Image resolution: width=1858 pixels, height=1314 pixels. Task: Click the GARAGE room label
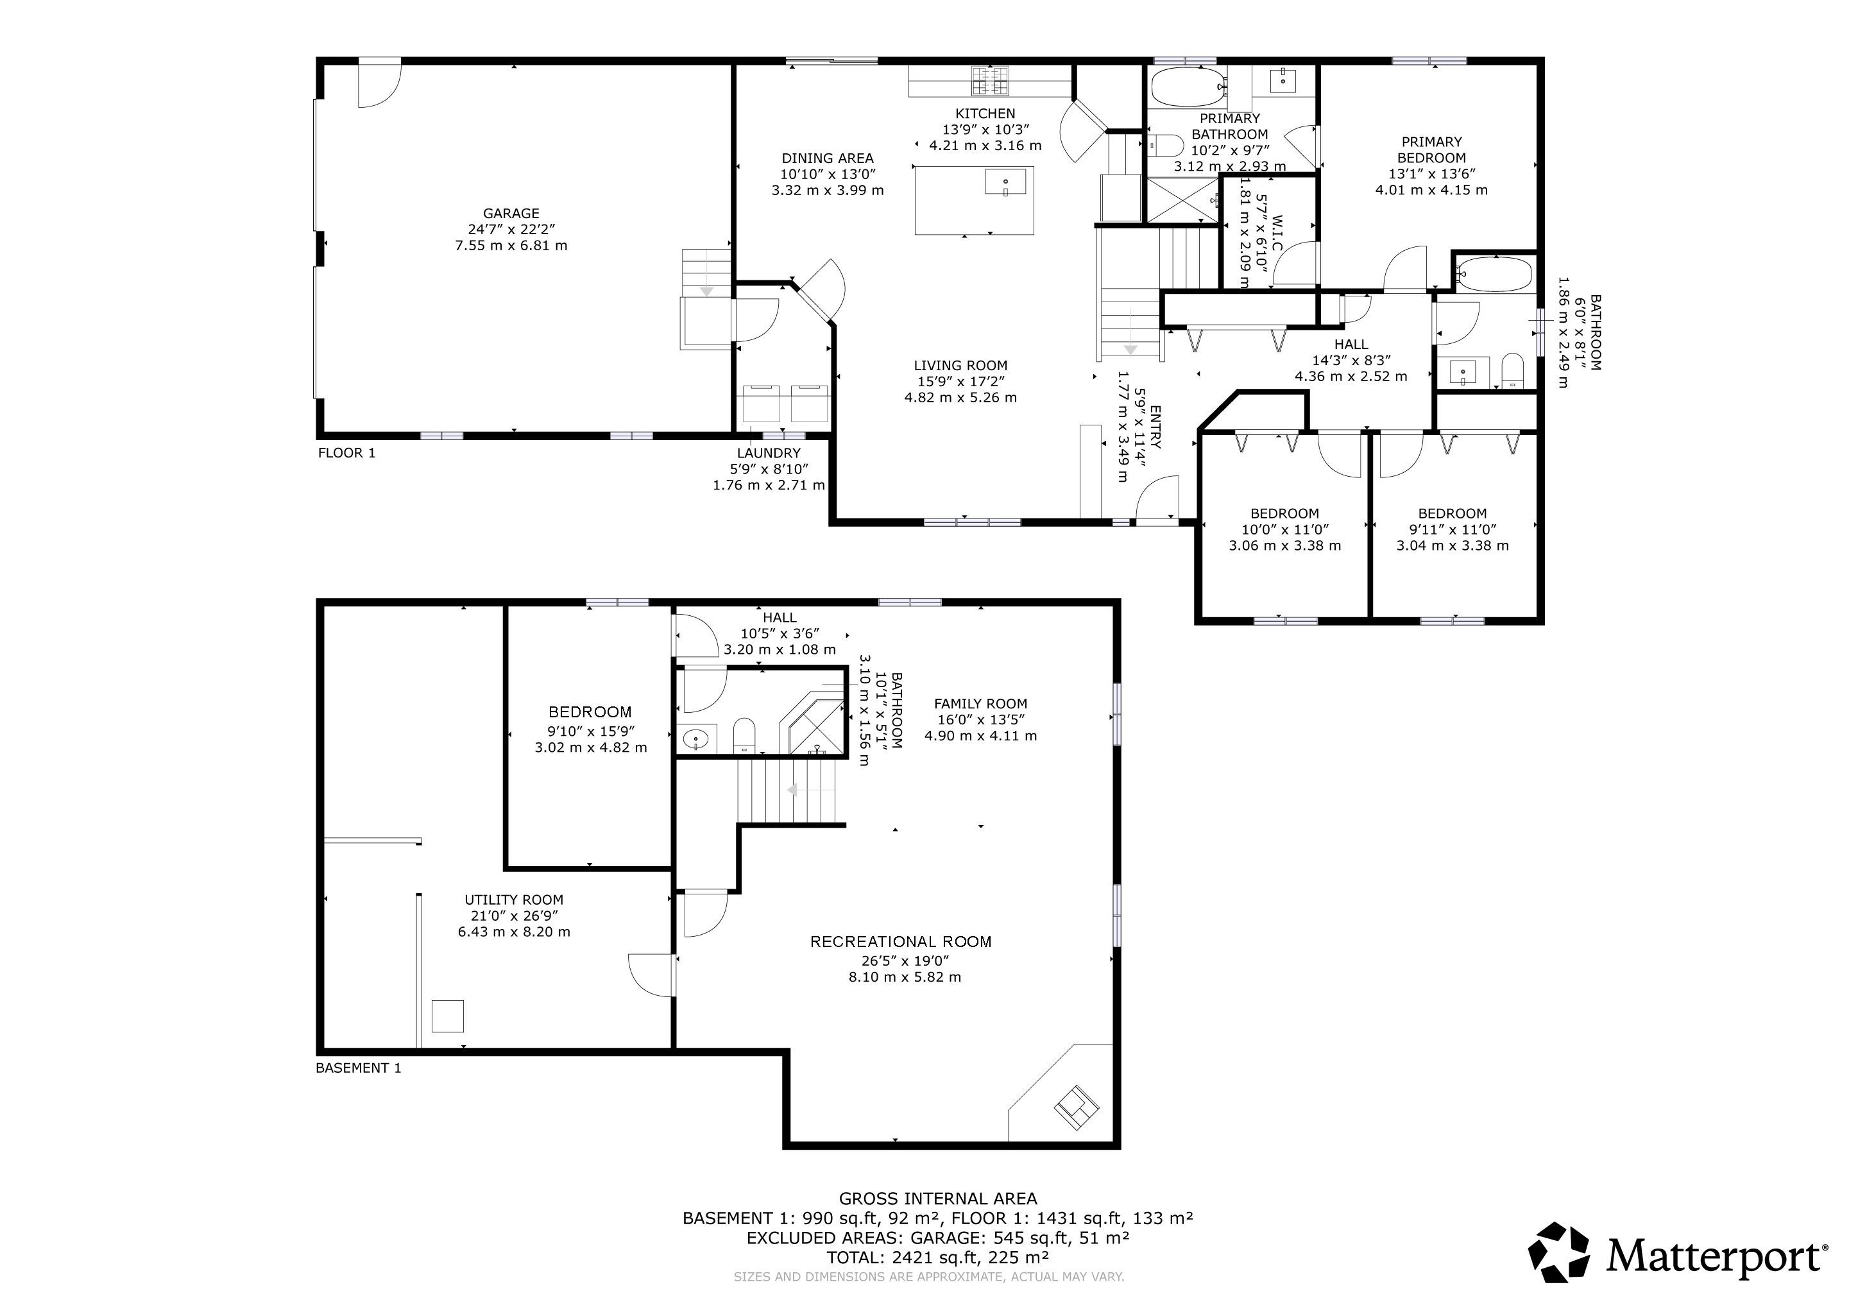pos(511,214)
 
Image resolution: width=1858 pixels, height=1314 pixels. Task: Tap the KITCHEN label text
pos(985,114)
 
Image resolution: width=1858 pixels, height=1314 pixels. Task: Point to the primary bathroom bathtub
pos(1187,87)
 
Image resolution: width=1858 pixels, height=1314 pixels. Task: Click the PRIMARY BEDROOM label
pos(1431,149)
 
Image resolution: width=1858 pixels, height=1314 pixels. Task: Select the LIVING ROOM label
pos(960,366)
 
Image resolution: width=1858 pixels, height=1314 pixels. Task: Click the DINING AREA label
pos(827,158)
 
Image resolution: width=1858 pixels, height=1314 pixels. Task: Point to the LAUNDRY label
pos(769,453)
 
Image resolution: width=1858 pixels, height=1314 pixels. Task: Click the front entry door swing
pos(1157,499)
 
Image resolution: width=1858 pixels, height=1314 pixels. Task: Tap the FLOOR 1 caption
pos(346,453)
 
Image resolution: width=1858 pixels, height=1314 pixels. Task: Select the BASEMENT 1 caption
pos(358,1068)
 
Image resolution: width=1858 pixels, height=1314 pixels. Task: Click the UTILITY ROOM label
pos(514,900)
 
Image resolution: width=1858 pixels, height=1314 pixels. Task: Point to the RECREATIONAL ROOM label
pos(901,942)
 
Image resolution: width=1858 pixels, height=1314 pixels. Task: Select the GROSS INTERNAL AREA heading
pos(938,1199)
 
